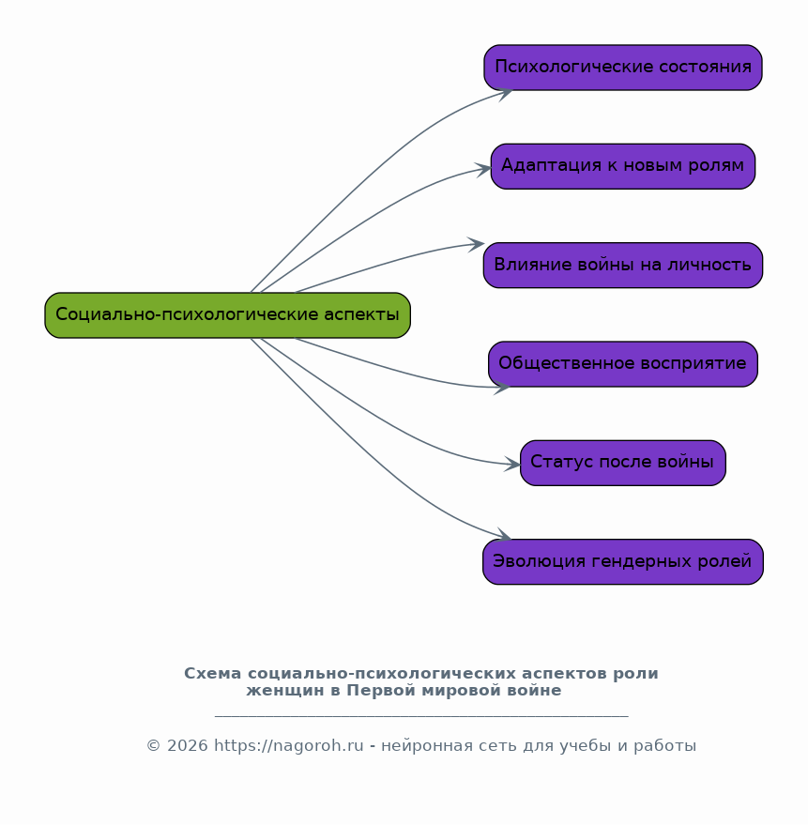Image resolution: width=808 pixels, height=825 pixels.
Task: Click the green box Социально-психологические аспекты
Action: point(227,315)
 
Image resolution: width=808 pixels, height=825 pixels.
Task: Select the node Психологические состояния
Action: point(623,68)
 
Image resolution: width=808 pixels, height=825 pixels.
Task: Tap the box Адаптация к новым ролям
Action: point(623,166)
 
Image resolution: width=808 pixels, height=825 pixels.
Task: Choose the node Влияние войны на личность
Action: point(623,266)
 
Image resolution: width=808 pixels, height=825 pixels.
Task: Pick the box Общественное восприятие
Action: point(623,364)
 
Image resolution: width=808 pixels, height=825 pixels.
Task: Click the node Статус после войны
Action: point(623,463)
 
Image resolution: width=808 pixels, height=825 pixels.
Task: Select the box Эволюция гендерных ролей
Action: point(623,562)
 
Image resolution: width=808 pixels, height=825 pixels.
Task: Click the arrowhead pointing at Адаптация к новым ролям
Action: point(483,170)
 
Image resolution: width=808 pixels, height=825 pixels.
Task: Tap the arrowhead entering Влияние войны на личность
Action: point(476,244)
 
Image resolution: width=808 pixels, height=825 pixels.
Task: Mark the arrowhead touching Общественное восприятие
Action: point(502,389)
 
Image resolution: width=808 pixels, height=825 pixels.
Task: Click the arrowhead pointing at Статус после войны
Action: point(512,464)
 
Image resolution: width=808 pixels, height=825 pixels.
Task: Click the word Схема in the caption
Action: point(212,674)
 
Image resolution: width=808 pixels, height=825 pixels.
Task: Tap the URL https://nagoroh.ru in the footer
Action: point(289,745)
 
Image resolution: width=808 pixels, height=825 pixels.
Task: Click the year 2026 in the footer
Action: point(188,745)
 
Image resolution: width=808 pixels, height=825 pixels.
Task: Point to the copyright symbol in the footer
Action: point(153,746)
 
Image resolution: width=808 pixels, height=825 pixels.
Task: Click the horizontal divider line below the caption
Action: point(421,716)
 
